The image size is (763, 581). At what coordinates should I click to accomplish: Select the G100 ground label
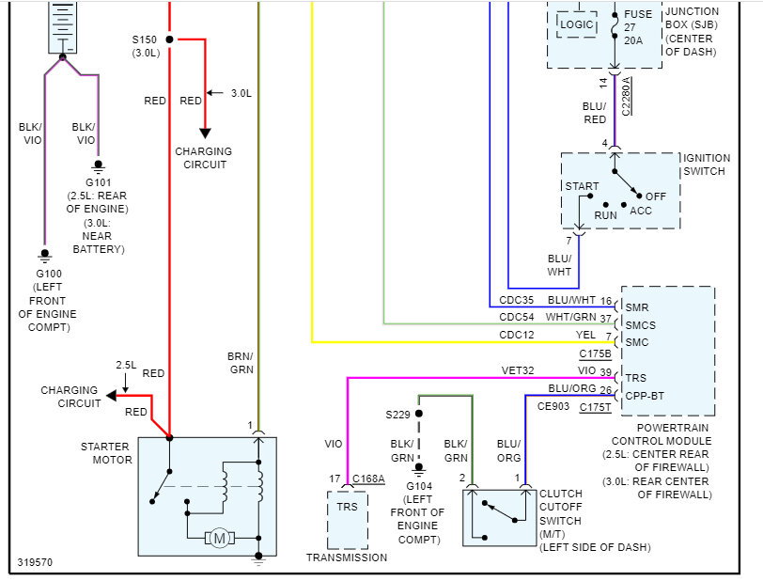tap(43, 274)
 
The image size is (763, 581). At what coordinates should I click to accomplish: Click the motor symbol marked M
tap(220, 537)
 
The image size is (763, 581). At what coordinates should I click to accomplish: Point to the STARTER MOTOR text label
tap(105, 453)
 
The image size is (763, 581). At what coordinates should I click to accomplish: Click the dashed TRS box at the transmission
tap(347, 519)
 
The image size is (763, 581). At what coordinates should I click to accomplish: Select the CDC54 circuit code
tap(516, 318)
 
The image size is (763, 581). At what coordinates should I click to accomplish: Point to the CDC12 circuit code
tap(516, 335)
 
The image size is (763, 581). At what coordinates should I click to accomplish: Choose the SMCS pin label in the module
tap(640, 324)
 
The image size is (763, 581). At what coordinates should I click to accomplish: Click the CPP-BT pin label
tap(645, 395)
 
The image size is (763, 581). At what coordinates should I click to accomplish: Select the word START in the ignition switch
tap(581, 186)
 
